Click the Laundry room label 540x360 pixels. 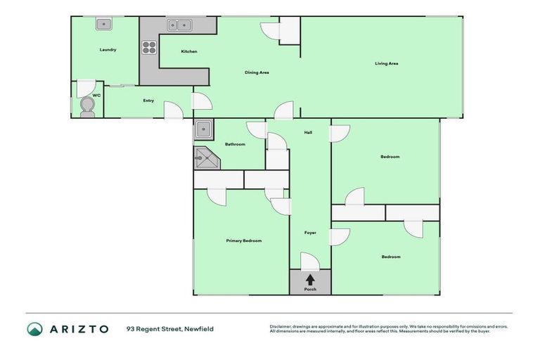(x=108, y=50)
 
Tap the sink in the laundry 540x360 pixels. (x=104, y=25)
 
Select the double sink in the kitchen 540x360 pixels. (x=179, y=26)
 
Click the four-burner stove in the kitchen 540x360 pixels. (x=149, y=48)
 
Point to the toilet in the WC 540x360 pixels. (x=87, y=106)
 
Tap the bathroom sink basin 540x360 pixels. (x=205, y=129)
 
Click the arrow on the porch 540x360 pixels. (x=310, y=279)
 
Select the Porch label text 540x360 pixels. (x=310, y=290)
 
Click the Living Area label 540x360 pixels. (x=386, y=64)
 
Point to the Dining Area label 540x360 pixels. (x=257, y=72)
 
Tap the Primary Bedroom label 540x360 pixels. (x=243, y=240)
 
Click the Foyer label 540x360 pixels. (x=310, y=233)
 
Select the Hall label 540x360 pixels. (x=308, y=132)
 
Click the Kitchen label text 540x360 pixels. (x=189, y=51)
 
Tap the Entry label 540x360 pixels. (x=148, y=101)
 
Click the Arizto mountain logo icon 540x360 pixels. (x=35, y=329)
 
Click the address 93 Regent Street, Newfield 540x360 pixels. (x=169, y=329)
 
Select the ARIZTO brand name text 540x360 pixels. (x=78, y=329)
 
